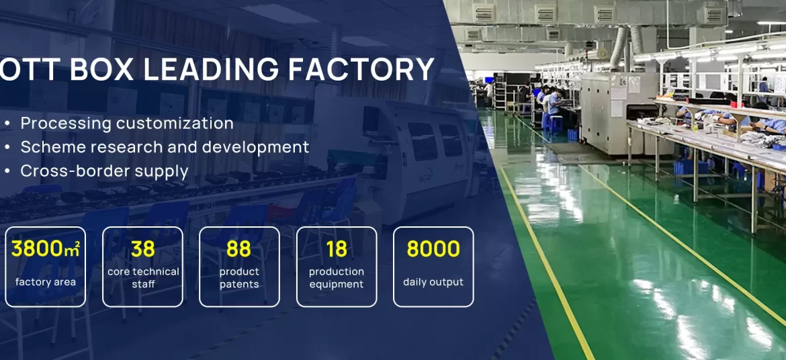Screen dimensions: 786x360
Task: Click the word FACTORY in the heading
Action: pyautogui.click(x=361, y=69)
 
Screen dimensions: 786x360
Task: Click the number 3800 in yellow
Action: pyautogui.click(x=38, y=249)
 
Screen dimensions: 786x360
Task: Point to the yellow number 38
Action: pyautogui.click(x=143, y=249)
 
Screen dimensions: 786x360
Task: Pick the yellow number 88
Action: pyautogui.click(x=238, y=249)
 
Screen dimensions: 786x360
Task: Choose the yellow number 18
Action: pyautogui.click(x=337, y=249)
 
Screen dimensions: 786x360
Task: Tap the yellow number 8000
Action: pyautogui.click(x=433, y=249)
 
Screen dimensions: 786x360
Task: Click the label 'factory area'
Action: pyautogui.click(x=46, y=282)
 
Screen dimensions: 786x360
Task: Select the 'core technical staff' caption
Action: pyautogui.click(x=143, y=278)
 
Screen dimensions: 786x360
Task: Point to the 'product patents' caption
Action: pyautogui.click(x=240, y=278)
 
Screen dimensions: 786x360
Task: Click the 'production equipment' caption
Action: pyautogui.click(x=337, y=278)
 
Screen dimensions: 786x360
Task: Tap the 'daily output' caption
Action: pyautogui.click(x=433, y=282)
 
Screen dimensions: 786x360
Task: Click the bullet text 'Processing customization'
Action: pyautogui.click(x=127, y=124)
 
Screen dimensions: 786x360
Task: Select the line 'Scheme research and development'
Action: pyautogui.click(x=165, y=147)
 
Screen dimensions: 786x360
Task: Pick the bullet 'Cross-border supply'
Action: pyautogui.click(x=104, y=171)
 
